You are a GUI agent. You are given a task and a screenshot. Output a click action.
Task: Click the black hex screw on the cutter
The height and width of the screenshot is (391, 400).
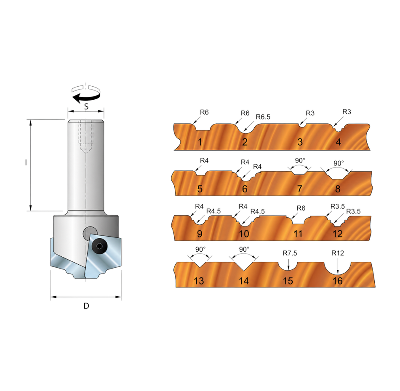(99, 246)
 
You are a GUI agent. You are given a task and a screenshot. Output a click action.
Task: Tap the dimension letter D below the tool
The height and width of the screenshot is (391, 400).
(86, 306)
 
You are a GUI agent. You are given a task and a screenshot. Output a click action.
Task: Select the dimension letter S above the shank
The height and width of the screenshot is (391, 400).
(86, 106)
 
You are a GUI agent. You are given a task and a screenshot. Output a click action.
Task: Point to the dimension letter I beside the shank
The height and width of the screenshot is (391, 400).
(26, 162)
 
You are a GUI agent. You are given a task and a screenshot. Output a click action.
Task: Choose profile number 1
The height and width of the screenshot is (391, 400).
(200, 142)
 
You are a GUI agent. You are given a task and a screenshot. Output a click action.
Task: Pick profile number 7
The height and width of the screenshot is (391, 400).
(300, 189)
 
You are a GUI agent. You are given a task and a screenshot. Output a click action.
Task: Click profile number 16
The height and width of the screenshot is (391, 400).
(338, 281)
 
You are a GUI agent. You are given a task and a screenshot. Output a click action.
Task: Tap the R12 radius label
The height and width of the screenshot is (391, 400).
(338, 253)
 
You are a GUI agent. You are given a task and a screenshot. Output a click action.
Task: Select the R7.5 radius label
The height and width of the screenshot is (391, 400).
(290, 253)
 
